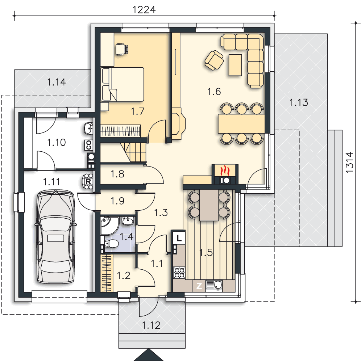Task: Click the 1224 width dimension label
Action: coord(144,10)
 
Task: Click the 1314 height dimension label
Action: coord(350,162)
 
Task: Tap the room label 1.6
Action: coord(214,92)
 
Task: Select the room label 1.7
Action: coord(138,111)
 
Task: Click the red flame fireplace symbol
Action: coord(225,171)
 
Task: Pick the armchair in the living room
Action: coord(214,60)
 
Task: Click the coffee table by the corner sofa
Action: coord(235,65)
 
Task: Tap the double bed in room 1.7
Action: coord(122,84)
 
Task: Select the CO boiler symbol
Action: coord(89,145)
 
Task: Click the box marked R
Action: coord(88,182)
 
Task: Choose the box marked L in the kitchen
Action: coord(179,238)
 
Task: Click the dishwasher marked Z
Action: coord(199,286)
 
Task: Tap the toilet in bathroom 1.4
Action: coord(111,243)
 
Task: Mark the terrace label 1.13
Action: coord(299,102)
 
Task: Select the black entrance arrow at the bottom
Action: coord(149,355)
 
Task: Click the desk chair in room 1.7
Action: coord(121,49)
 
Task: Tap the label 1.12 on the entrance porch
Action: coord(151,325)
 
